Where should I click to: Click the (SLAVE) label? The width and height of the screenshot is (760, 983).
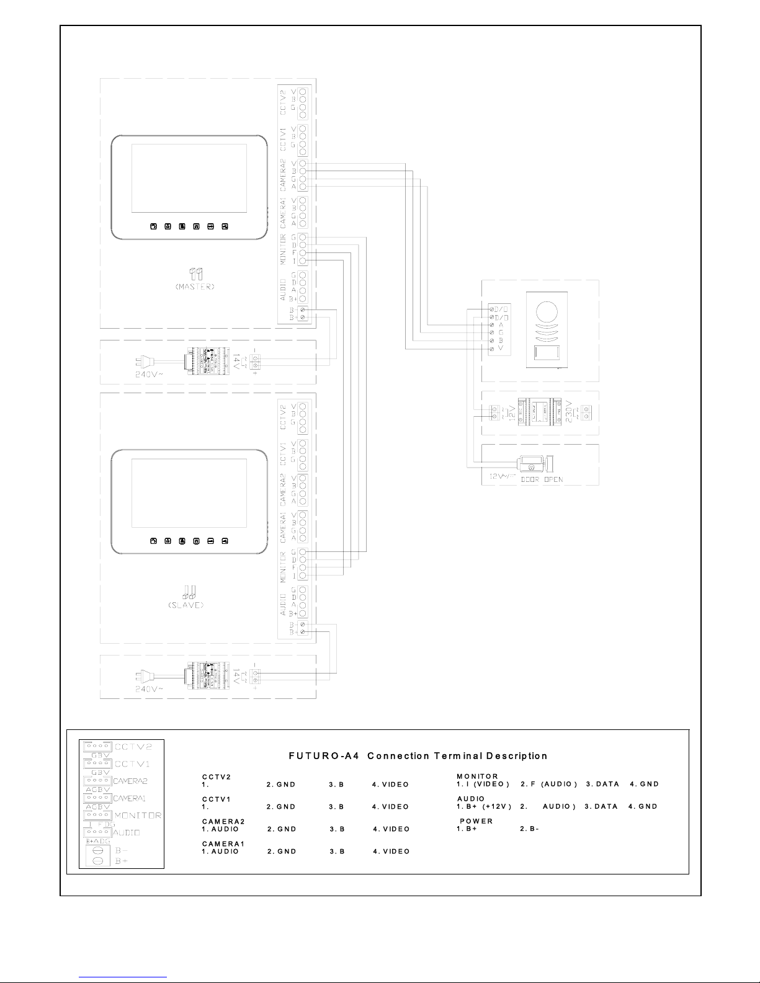(186, 605)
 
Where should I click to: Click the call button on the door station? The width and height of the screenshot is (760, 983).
(546, 355)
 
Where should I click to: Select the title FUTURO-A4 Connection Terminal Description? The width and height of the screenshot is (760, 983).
(418, 756)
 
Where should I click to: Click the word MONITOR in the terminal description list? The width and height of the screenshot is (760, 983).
(477, 776)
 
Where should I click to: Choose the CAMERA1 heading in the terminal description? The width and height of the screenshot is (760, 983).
(223, 843)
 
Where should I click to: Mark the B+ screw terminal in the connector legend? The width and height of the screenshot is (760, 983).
(97, 862)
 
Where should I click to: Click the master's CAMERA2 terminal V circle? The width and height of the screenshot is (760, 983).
(302, 163)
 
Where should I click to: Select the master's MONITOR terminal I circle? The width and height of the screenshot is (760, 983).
(302, 261)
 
